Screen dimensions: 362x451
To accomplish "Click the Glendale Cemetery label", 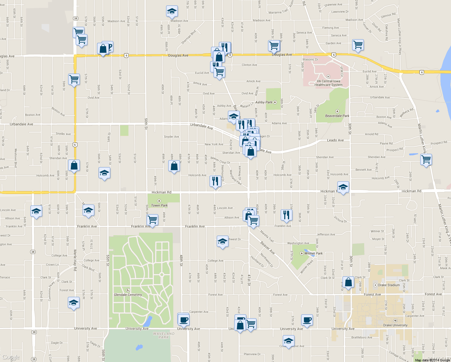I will click(x=128, y=295).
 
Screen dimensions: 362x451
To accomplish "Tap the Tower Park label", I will click(x=159, y=205).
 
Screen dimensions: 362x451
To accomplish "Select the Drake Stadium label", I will click(x=389, y=285).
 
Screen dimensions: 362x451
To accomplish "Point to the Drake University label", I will click(x=395, y=325).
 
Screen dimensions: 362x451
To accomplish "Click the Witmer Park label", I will click(x=313, y=253).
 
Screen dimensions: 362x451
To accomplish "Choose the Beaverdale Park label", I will click(x=337, y=116).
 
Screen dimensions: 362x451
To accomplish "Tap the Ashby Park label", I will click(x=264, y=102).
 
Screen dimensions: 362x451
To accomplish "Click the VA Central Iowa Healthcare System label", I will click(x=328, y=83).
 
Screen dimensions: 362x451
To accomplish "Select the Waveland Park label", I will click(x=164, y=335).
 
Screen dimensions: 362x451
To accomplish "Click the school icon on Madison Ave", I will click(x=172, y=11).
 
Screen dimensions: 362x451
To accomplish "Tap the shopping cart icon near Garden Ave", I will click(x=358, y=45).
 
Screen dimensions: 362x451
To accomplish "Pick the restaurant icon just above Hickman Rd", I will click(x=215, y=181).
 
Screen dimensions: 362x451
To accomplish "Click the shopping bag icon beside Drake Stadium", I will click(x=348, y=282).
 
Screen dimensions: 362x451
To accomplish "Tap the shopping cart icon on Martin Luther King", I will click(x=426, y=159).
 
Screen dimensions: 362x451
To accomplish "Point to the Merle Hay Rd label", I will click(x=75, y=260).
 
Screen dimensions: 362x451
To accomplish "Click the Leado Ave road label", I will click(x=335, y=140).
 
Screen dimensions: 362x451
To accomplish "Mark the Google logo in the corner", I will click(x=11, y=357).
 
